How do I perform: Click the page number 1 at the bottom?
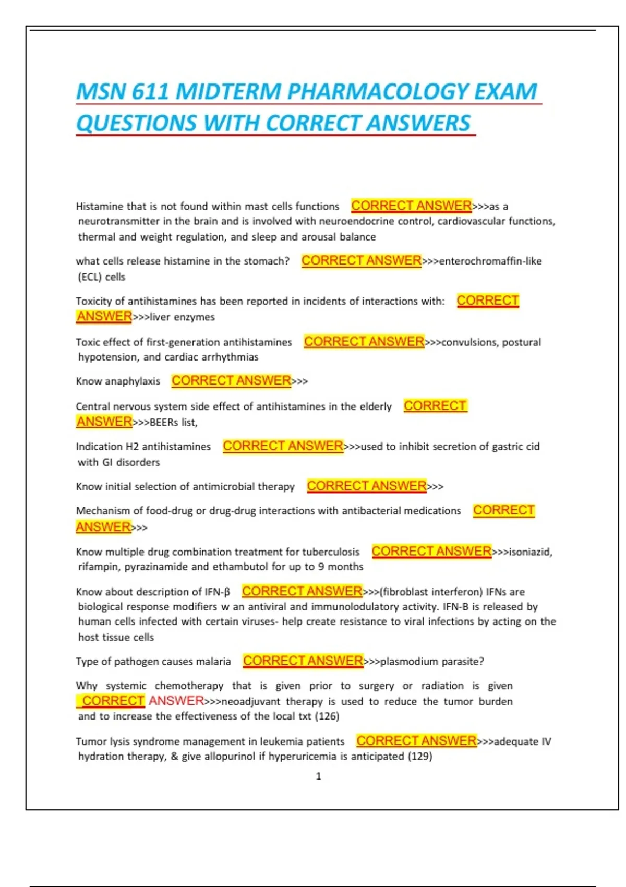(x=319, y=776)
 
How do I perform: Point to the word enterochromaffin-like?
(x=490, y=261)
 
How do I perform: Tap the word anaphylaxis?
(x=133, y=381)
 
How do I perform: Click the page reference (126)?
(x=327, y=716)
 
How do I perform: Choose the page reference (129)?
(x=420, y=757)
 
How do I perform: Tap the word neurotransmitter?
(x=118, y=221)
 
